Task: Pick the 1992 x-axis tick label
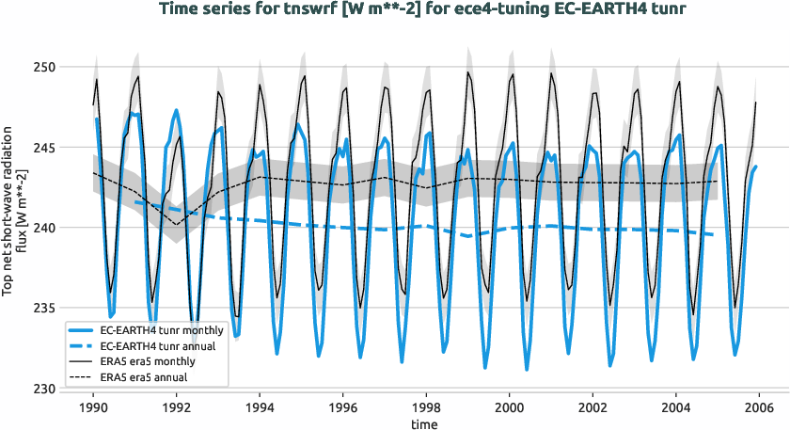point(177,407)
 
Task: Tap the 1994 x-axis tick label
point(261,407)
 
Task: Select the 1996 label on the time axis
point(343,407)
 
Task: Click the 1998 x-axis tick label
point(426,407)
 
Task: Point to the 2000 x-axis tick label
point(510,407)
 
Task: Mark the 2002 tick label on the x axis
point(592,407)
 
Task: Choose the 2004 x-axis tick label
point(675,407)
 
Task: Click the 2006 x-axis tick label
point(759,407)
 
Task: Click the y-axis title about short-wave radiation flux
point(14,228)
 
